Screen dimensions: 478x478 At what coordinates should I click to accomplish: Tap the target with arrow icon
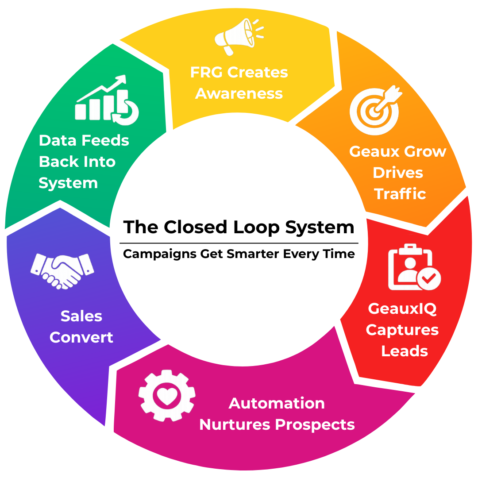point(375,110)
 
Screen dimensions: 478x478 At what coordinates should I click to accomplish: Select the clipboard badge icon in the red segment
point(414,267)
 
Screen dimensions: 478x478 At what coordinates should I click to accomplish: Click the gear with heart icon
point(167,395)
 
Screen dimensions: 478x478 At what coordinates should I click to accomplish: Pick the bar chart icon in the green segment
point(107,100)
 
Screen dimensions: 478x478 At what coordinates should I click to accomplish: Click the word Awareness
point(239,93)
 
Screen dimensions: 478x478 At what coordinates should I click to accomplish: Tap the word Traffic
point(400,193)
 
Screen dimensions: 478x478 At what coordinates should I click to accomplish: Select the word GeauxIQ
point(402,308)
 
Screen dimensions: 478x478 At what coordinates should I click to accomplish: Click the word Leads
point(405,351)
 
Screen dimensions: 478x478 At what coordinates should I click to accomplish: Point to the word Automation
point(277,403)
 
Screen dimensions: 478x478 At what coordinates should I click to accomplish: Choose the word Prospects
point(315,425)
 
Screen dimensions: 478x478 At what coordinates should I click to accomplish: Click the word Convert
point(81,337)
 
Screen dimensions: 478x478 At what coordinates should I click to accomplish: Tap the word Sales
point(81,316)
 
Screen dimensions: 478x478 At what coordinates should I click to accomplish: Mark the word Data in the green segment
point(58,141)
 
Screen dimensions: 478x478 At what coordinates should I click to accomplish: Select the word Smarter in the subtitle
point(253,254)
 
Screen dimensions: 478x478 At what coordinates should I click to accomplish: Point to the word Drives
point(398,173)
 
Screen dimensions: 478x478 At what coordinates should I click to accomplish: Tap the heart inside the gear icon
point(167,396)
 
